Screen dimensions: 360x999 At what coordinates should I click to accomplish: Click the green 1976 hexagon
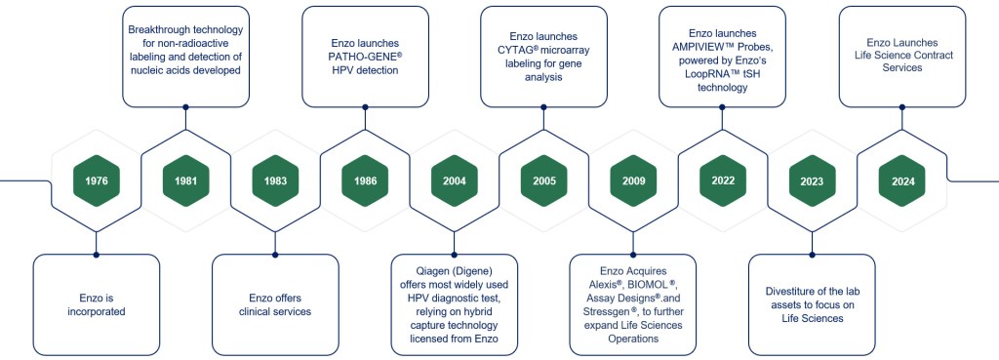[x=96, y=180]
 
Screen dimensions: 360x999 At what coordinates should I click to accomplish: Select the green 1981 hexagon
[x=185, y=180]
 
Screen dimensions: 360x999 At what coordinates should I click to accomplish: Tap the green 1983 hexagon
[x=275, y=180]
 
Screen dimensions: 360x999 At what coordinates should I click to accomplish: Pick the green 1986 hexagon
[x=365, y=180]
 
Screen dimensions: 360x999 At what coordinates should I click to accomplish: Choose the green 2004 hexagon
[x=454, y=180]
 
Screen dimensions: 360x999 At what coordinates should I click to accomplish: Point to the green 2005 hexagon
[x=543, y=180]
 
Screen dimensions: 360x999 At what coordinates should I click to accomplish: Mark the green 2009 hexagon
[x=633, y=180]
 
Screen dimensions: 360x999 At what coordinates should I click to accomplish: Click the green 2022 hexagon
[x=723, y=180]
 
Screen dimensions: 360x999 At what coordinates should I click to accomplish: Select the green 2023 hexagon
[x=813, y=180]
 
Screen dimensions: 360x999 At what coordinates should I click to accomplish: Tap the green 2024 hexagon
[x=902, y=180]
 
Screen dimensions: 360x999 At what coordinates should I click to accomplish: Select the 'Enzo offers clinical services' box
[x=275, y=304]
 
